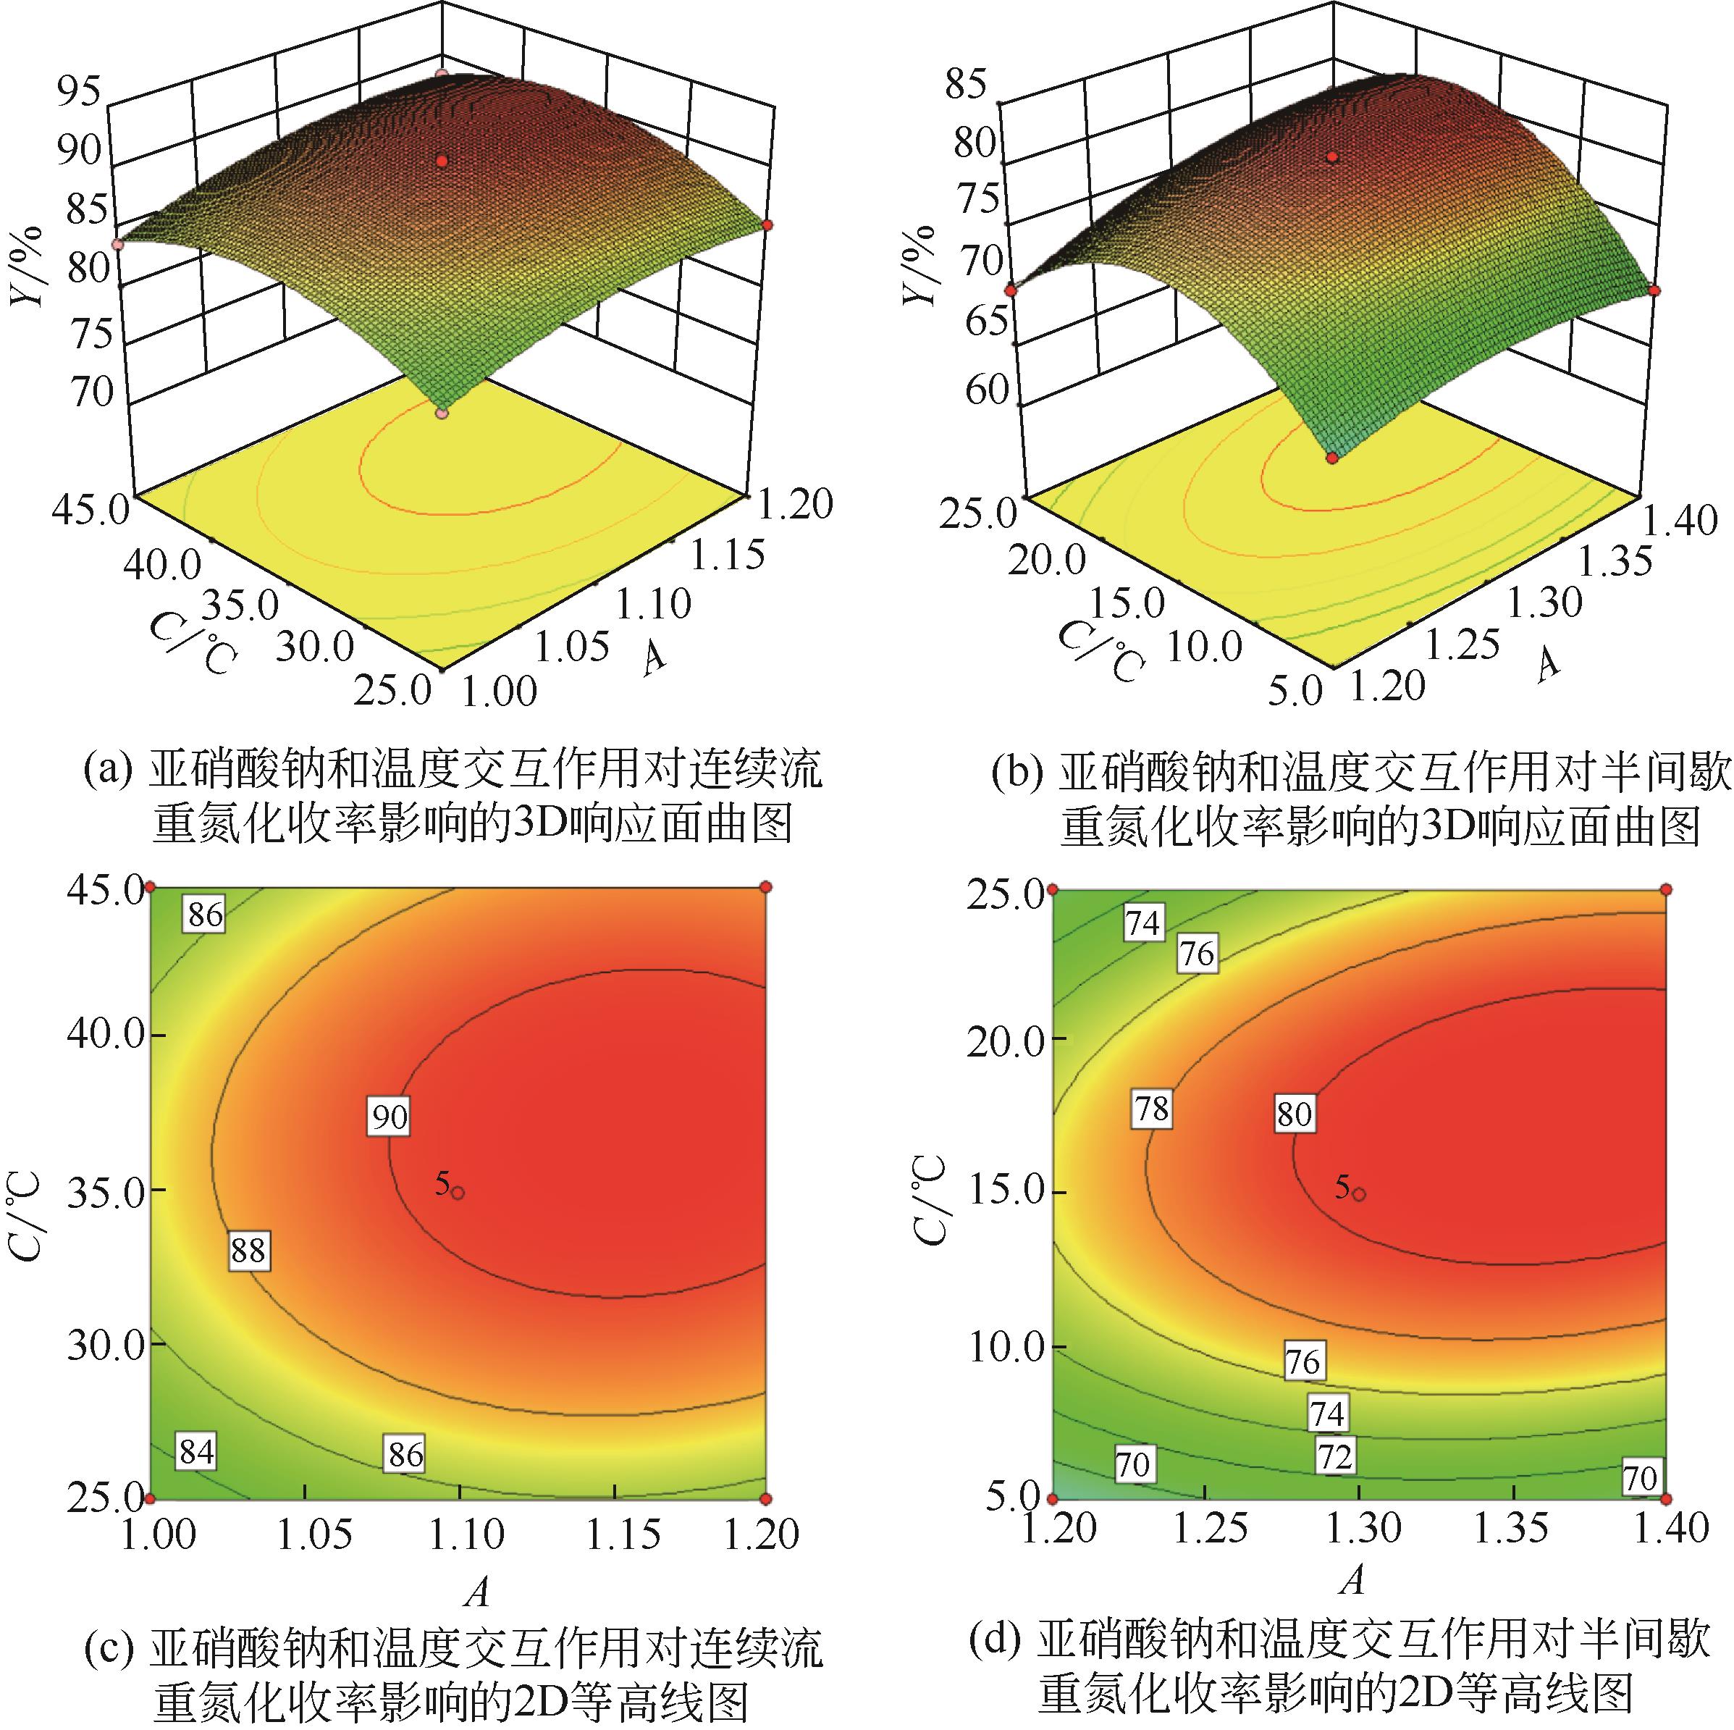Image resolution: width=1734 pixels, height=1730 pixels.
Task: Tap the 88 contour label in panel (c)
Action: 248,1251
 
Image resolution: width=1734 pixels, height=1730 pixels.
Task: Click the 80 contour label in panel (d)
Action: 1295,1114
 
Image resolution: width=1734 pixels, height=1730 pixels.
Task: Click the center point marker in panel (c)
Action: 458,1193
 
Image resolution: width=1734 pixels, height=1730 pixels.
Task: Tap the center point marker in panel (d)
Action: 1360,1194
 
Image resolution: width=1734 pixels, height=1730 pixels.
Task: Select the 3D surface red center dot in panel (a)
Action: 442,161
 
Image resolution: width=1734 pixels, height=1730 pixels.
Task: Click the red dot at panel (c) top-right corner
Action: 765,887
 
